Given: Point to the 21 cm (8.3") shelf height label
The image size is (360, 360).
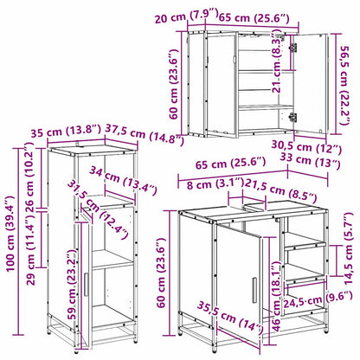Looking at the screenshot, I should tap(276, 68).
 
